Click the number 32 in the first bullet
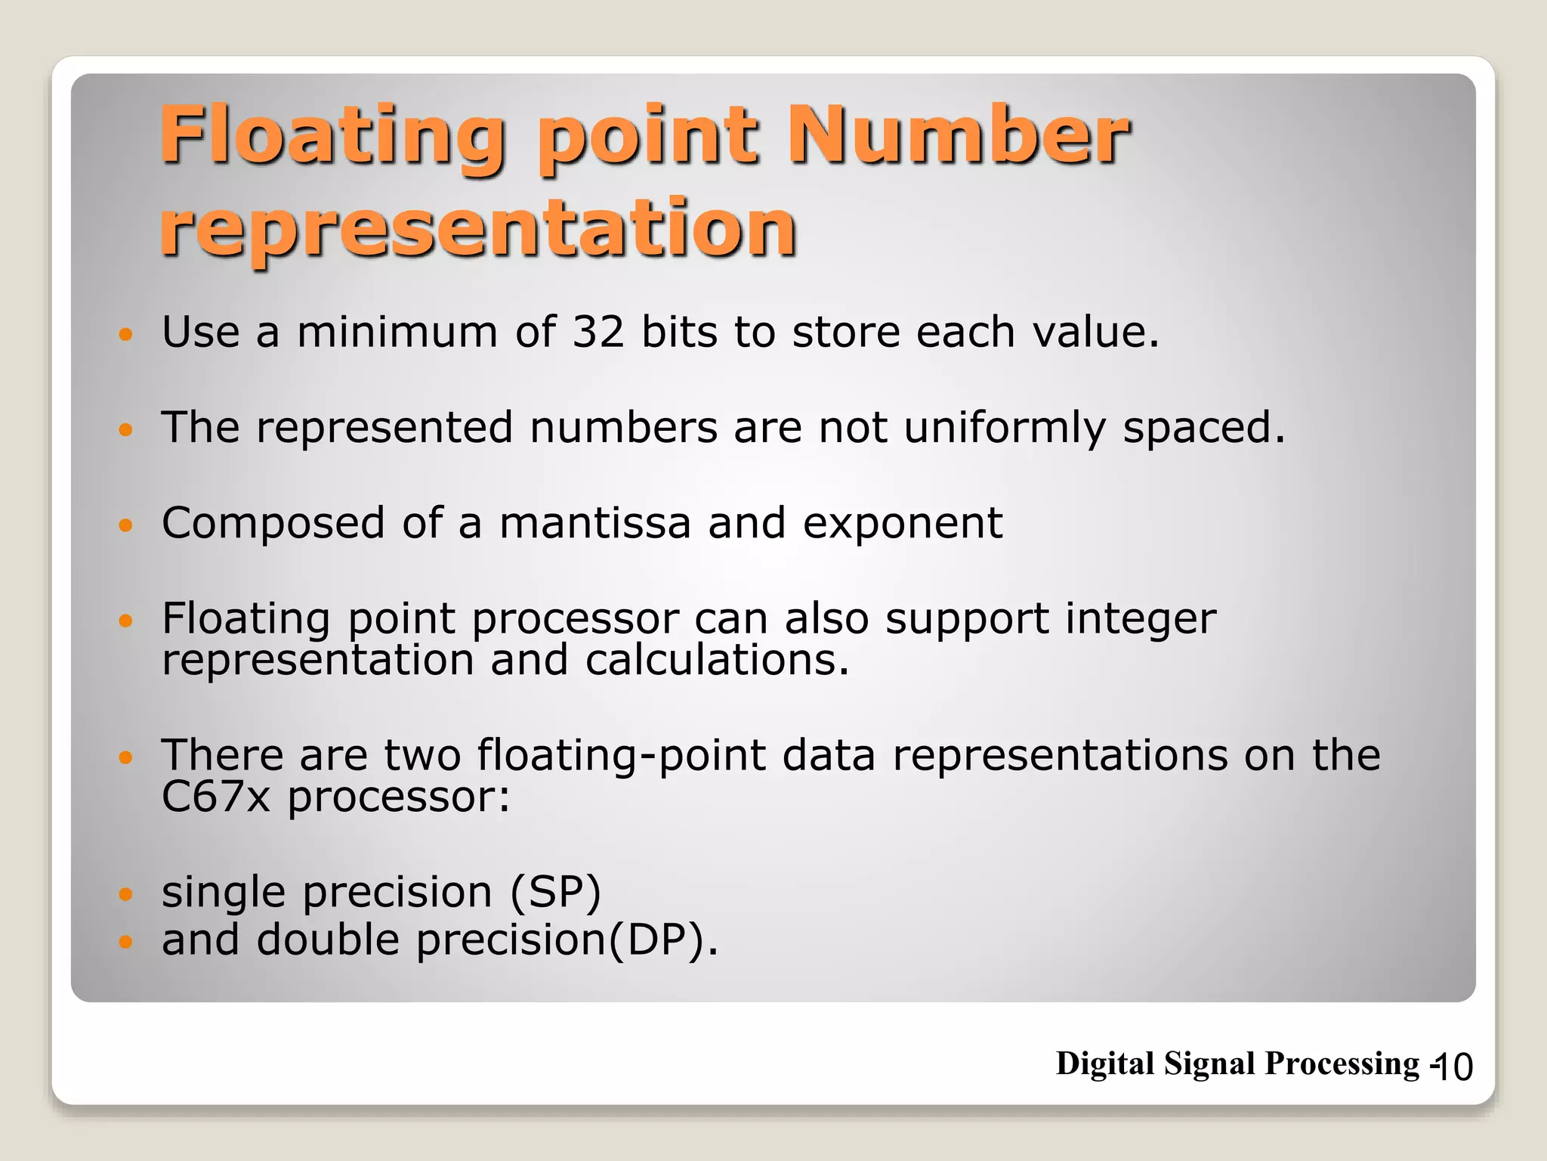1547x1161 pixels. tap(598, 332)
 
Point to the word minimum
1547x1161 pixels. tap(397, 332)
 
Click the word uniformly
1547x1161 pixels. tap(1005, 429)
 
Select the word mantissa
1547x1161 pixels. tap(595, 523)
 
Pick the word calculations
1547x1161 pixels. tap(717, 660)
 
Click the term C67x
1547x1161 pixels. tap(215, 797)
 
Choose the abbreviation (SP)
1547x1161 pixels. tap(555, 892)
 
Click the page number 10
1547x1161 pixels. tap(1452, 1067)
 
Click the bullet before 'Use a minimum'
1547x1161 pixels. tap(125, 333)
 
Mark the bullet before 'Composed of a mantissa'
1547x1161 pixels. tap(125, 525)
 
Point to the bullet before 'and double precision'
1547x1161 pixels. tap(125, 942)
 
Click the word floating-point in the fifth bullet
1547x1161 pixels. tap(621, 756)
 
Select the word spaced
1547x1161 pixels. tap(1203, 429)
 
